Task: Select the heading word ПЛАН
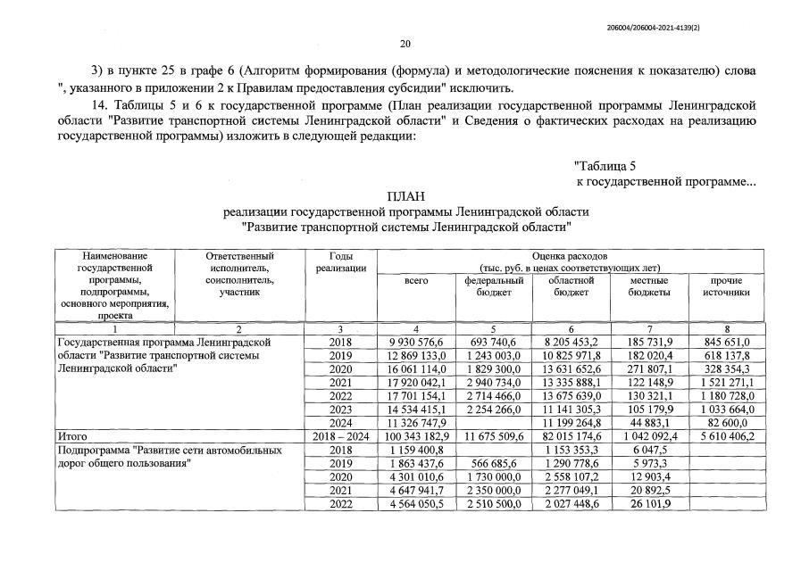click(405, 196)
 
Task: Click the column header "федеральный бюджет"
click(494, 285)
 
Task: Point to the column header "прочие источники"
click(728, 285)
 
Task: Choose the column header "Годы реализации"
click(340, 262)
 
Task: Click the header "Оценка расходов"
click(570, 256)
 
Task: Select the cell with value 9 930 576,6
click(417, 343)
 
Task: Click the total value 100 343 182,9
click(417, 437)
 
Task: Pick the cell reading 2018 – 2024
click(340, 437)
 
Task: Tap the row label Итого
click(71, 437)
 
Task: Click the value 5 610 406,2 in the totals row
click(728, 437)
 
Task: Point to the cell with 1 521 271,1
click(728, 383)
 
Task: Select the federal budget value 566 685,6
click(494, 465)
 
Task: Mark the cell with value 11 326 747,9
click(417, 424)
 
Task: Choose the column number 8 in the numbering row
click(728, 329)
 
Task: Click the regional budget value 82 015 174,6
click(572, 437)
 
